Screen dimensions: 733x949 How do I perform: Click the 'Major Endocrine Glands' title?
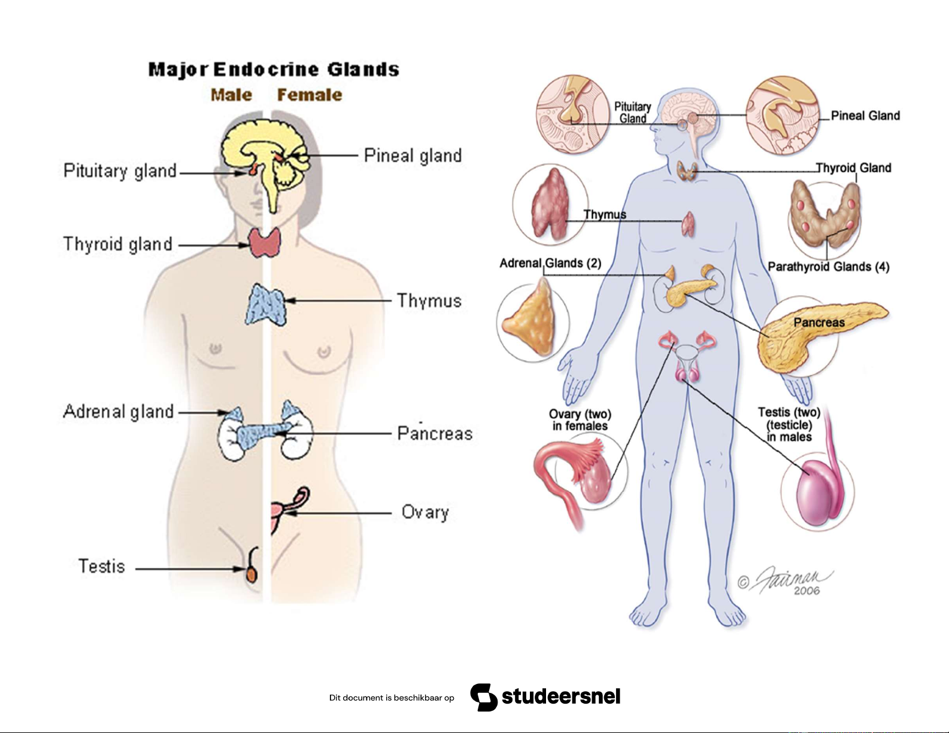[274, 69]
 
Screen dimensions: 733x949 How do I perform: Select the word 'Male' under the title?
[231, 95]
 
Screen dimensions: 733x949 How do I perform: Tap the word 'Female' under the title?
[310, 95]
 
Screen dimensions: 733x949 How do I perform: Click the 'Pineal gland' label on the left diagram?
[413, 156]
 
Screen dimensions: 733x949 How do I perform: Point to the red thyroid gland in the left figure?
[265, 242]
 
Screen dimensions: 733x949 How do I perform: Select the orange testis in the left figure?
[252, 574]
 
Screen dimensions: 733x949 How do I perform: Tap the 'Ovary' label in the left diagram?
[425, 512]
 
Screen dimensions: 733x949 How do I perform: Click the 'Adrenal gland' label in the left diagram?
[119, 412]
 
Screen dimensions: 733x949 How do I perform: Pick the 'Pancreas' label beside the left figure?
[435, 433]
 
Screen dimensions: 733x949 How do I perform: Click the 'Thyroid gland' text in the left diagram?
[118, 244]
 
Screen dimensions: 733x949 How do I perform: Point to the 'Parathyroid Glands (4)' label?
[828, 267]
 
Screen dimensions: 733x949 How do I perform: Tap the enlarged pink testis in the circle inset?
[817, 494]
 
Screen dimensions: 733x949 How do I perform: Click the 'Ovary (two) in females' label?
[580, 420]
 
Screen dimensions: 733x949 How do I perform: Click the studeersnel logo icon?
[484, 697]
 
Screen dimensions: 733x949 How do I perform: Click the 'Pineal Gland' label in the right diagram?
[865, 116]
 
